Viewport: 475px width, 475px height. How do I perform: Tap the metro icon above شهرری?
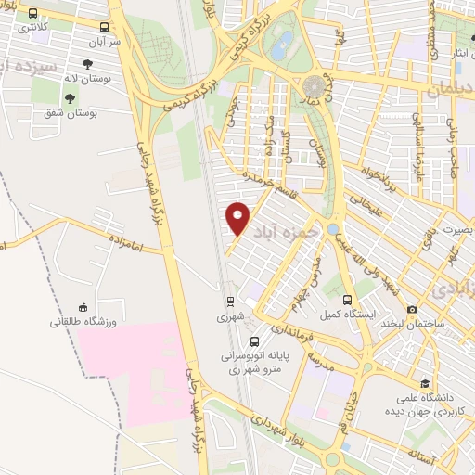pos(228,302)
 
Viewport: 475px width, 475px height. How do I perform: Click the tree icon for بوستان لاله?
pos(87,64)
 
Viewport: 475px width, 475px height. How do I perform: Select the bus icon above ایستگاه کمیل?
pos(348,301)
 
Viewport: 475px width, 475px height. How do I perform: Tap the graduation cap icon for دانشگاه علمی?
pos(425,383)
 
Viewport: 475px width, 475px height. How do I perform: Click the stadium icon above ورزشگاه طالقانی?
pos(83,307)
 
